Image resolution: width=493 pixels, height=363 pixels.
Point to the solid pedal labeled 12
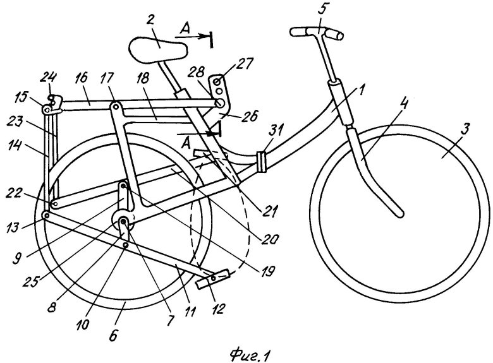213,279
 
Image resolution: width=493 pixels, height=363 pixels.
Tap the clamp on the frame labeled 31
259,161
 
